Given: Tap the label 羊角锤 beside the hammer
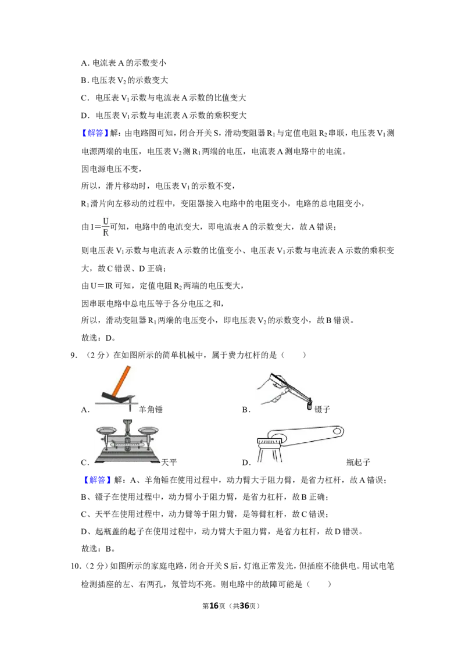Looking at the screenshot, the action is click(151, 409).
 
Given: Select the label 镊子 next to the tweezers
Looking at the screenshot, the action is click(323, 409).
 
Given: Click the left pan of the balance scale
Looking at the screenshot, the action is click(106, 431).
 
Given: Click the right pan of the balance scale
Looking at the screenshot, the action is click(148, 431).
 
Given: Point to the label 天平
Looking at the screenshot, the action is click(169, 462).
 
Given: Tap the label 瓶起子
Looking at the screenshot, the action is click(358, 462).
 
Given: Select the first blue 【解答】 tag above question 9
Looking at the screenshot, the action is click(95, 133).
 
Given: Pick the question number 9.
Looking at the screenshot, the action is click(74, 355).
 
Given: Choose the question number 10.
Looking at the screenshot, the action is click(75, 566).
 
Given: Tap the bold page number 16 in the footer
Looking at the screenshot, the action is click(214, 606).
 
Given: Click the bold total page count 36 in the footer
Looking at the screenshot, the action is click(244, 606).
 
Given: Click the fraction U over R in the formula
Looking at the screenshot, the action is click(105, 227).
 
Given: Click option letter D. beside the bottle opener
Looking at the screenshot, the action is click(246, 463).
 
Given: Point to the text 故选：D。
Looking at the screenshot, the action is click(98, 338).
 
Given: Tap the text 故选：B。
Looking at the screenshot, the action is click(98, 549).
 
